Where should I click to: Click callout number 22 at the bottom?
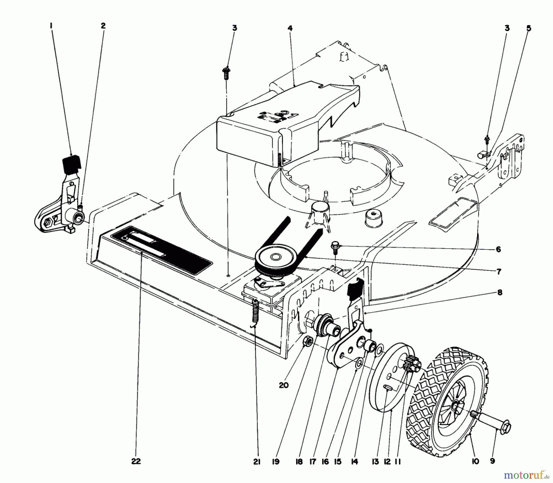pyautogui.click(x=136, y=461)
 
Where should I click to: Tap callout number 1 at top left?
pyautogui.click(x=51, y=26)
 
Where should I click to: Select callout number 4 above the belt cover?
pyautogui.click(x=290, y=28)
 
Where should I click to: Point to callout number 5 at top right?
pyautogui.click(x=528, y=28)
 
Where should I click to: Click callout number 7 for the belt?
pyautogui.click(x=499, y=271)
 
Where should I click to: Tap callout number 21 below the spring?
pyautogui.click(x=257, y=462)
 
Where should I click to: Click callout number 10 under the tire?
pyautogui.click(x=475, y=462)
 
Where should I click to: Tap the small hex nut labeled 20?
pyautogui.click(x=308, y=341)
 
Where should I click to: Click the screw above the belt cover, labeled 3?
pyautogui.click(x=226, y=72)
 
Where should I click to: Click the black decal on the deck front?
pyautogui.click(x=161, y=249)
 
